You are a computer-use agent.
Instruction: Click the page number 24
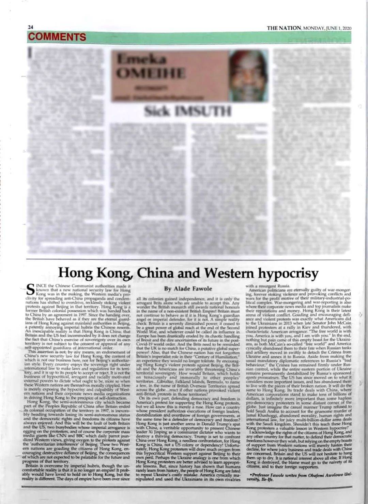[x=30, y=28]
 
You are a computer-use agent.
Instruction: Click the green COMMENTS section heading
[x=57, y=37]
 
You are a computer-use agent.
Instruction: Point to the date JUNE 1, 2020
[x=338, y=28]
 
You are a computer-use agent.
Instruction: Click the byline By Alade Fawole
[x=188, y=288]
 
